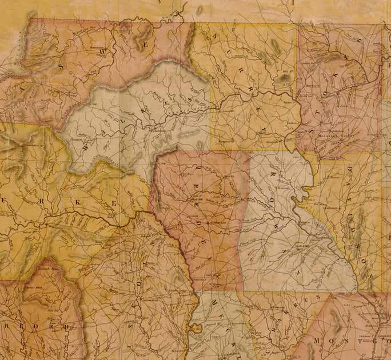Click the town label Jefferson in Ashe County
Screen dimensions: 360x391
click(x=98, y=42)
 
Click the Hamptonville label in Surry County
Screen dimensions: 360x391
click(x=226, y=139)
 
